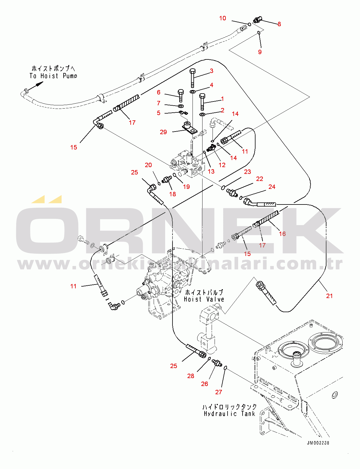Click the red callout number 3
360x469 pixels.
[211, 71]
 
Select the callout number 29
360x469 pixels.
[163, 132]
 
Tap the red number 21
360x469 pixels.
[329, 296]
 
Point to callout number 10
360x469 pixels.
[223, 18]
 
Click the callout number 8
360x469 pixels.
[279, 24]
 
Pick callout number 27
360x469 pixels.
[218, 392]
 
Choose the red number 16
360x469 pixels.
[282, 234]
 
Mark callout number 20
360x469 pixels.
[148, 165]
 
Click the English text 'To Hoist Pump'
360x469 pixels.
[53, 76]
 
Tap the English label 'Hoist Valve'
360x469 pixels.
[204, 299]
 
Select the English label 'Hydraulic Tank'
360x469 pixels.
[229, 414]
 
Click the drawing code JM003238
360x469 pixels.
[318, 443]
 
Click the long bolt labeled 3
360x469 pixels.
[193, 78]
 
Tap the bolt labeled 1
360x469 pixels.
[202, 101]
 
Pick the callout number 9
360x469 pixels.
[260, 52]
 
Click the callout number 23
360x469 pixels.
[247, 172]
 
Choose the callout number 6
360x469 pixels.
[159, 92]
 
